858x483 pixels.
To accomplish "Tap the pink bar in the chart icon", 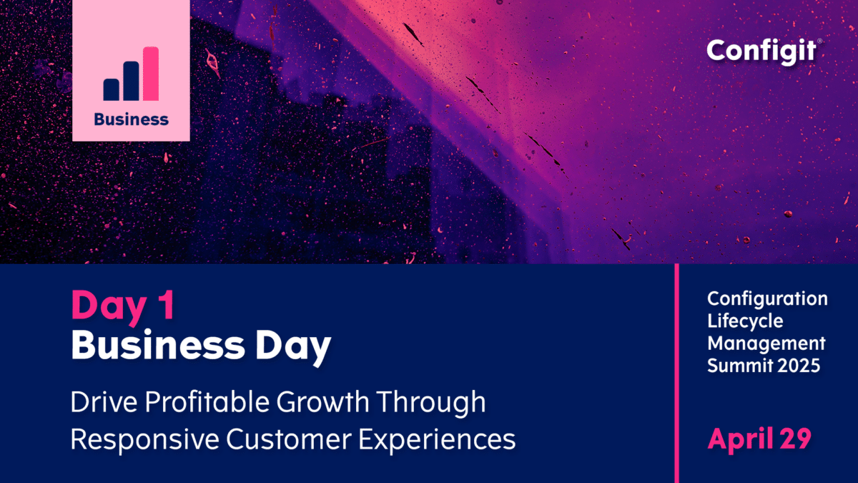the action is pyautogui.click(x=151, y=74).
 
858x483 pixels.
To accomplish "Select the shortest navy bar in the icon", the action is pyautogui.click(x=111, y=89).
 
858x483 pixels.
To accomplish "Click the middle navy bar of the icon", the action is pyautogui.click(x=131, y=81).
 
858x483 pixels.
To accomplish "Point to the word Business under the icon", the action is pyautogui.click(x=132, y=119).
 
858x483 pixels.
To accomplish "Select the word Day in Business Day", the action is pyautogui.click(x=293, y=347).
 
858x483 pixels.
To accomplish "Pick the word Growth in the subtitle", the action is pyautogui.click(x=323, y=401).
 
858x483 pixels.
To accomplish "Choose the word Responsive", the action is pyautogui.click(x=144, y=439).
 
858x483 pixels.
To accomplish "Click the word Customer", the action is pyautogui.click(x=289, y=439).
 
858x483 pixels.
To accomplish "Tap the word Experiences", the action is pyautogui.click(x=437, y=440).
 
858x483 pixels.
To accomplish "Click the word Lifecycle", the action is pyautogui.click(x=745, y=321).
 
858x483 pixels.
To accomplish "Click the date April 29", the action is pyautogui.click(x=759, y=439).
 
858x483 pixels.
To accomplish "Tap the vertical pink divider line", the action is pyautogui.click(x=677, y=374).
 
